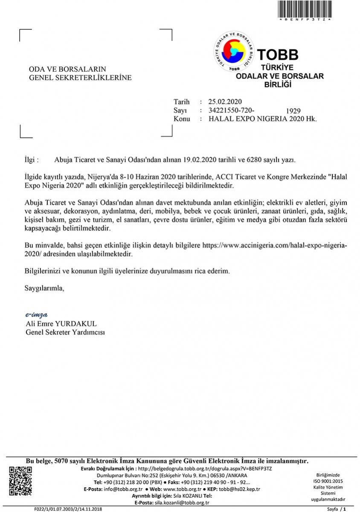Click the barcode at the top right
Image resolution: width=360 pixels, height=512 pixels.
[304, 9]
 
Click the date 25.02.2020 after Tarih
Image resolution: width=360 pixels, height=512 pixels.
[225, 102]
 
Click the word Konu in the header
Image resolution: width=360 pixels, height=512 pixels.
[182, 119]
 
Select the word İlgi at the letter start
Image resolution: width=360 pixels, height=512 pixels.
[32, 160]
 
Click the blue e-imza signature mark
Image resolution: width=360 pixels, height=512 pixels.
[36, 315]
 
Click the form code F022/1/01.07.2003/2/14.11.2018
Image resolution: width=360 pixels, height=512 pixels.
[68, 509]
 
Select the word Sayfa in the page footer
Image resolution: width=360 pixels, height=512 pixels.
[334, 509]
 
